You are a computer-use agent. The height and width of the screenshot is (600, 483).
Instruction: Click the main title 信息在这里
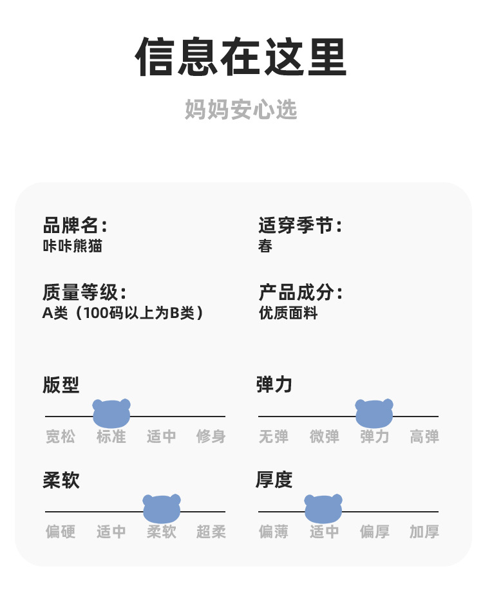[241, 58]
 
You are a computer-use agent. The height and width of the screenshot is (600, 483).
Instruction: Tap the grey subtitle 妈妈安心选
[241, 109]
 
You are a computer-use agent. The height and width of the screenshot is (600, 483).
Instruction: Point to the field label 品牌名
[74, 225]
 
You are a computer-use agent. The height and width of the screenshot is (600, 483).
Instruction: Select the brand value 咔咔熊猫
[72, 246]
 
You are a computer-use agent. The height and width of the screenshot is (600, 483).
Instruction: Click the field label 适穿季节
[299, 225]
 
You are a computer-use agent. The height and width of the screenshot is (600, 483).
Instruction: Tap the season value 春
[265, 246]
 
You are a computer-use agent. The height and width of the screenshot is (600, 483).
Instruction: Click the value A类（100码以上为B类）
[123, 314]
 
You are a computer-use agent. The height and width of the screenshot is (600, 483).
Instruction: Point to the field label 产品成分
[299, 293]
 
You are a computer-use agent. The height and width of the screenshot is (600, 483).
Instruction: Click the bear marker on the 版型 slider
[111, 413]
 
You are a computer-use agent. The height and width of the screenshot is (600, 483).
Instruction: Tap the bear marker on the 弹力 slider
[374, 413]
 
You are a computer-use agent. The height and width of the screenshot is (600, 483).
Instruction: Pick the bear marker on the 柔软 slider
[162, 509]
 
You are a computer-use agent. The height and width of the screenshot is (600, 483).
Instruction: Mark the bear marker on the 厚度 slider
[323, 509]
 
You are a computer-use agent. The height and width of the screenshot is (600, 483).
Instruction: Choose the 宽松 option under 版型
[61, 436]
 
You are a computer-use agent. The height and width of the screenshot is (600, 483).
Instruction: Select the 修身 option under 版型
[211, 436]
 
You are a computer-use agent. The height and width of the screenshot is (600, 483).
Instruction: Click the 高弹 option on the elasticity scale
[424, 436]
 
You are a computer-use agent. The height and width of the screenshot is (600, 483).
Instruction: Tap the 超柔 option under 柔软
[211, 532]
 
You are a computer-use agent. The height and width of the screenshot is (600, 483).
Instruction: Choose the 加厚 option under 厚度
[424, 532]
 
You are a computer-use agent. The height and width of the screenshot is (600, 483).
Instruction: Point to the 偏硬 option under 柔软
[61, 532]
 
